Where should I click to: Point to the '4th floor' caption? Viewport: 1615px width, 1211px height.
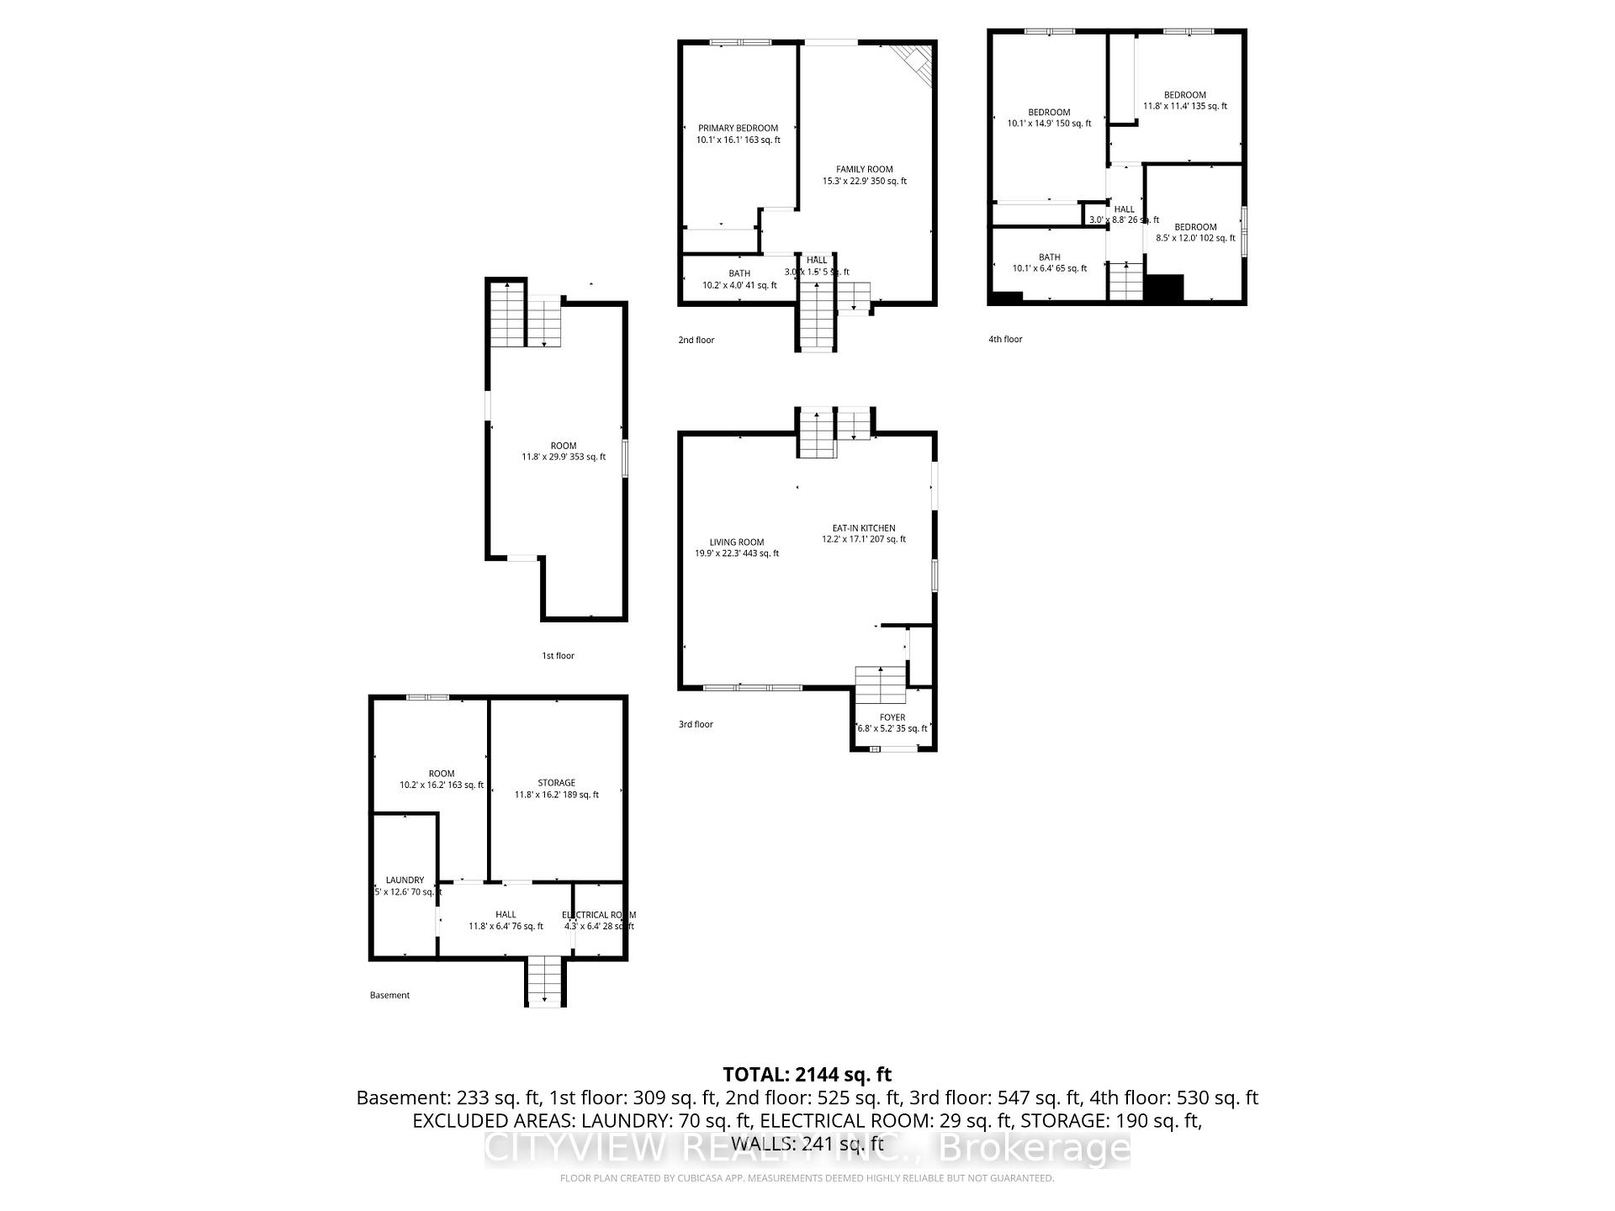pyautogui.click(x=1005, y=339)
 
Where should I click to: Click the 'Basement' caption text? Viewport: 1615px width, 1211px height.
pyautogui.click(x=389, y=995)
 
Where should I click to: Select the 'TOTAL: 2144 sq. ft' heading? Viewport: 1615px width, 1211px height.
pyautogui.click(x=807, y=1074)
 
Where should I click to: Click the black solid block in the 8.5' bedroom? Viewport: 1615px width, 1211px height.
pyautogui.click(x=1165, y=288)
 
